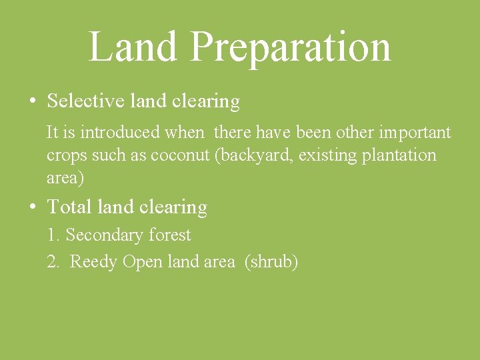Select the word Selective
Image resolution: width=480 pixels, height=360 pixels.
(x=85, y=101)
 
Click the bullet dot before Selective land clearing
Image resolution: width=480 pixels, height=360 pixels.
(x=33, y=102)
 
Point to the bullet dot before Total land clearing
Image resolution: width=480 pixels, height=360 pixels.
(x=33, y=207)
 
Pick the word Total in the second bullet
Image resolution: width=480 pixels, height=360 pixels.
(x=69, y=207)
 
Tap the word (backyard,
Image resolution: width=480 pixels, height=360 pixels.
(x=255, y=156)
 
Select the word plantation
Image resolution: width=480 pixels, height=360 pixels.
(x=399, y=156)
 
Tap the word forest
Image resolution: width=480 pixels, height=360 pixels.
(x=169, y=235)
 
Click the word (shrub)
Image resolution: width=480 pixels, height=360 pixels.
(x=271, y=262)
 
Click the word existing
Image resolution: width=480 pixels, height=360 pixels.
(x=331, y=156)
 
